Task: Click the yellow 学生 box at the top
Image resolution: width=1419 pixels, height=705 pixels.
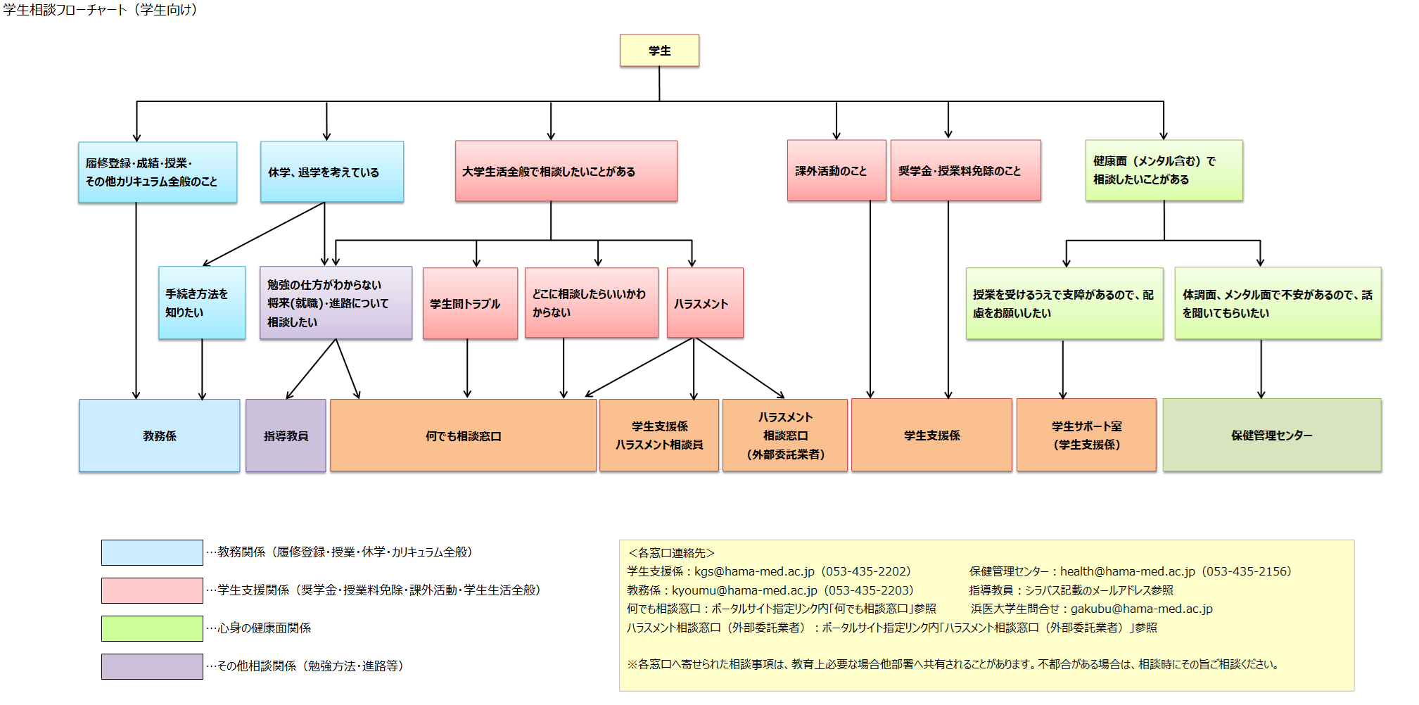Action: (x=659, y=51)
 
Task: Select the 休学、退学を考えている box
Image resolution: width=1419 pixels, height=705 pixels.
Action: (x=332, y=172)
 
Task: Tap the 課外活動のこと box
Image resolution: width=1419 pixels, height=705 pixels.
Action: (x=836, y=170)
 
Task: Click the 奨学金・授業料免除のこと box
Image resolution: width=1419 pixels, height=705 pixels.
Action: (x=965, y=170)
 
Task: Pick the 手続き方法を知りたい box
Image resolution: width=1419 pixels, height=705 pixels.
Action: (x=202, y=303)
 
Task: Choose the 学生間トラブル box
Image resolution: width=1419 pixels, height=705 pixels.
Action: (x=470, y=303)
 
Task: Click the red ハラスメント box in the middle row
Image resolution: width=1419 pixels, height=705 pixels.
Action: (x=705, y=303)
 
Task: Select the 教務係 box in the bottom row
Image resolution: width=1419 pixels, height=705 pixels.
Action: (x=160, y=436)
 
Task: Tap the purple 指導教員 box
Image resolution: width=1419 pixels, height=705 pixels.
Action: (x=286, y=436)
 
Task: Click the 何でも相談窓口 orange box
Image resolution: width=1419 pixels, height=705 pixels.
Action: (x=463, y=436)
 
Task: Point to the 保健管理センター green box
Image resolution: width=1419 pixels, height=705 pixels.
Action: (x=1271, y=435)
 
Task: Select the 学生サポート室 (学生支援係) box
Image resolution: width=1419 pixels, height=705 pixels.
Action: (x=1086, y=435)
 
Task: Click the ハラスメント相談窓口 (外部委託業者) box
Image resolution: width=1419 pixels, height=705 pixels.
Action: (x=785, y=436)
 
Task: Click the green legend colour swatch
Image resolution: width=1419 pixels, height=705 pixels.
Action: (x=152, y=628)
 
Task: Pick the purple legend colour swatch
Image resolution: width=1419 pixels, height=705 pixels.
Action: (x=152, y=666)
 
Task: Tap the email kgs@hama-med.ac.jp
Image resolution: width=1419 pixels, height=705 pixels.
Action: (x=754, y=571)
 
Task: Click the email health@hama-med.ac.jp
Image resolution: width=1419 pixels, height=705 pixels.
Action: (x=1127, y=571)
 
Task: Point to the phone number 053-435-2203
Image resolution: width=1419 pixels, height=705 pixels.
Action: (x=869, y=590)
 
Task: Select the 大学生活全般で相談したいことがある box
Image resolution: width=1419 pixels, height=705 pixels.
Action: (x=566, y=171)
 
